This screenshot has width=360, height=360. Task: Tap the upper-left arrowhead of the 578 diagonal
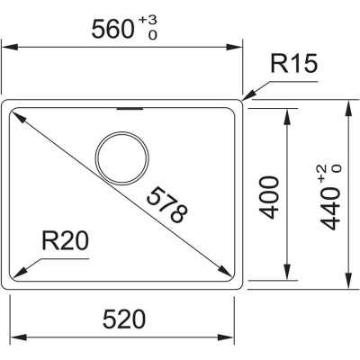(x=17, y=113)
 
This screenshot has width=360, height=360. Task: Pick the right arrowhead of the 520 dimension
(x=227, y=333)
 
